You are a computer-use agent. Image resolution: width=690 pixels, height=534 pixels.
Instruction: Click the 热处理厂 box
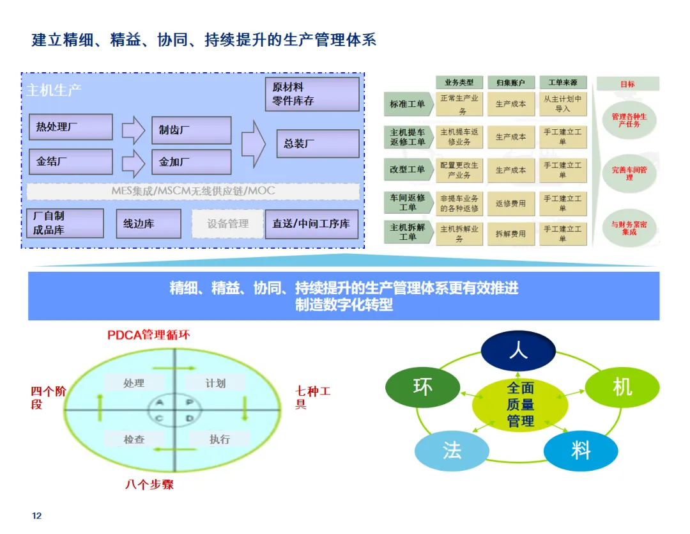(70, 127)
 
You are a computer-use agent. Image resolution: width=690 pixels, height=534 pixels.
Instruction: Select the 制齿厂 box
(190, 130)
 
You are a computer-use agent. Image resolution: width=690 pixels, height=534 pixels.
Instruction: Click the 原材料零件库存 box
(312, 94)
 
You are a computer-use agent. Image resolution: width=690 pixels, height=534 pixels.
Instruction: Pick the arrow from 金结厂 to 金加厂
(133, 162)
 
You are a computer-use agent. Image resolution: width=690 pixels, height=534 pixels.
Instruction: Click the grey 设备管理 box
(227, 224)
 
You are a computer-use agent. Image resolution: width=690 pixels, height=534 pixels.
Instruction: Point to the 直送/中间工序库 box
(312, 224)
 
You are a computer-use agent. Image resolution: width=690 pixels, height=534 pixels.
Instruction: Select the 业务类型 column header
(459, 83)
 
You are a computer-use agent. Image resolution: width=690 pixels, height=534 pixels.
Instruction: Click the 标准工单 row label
(407, 104)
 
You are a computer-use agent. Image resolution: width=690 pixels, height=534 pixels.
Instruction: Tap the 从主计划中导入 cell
(562, 104)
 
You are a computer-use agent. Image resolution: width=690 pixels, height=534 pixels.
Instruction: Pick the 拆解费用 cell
(510, 234)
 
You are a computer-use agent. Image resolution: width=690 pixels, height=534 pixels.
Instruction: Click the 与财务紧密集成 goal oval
(629, 228)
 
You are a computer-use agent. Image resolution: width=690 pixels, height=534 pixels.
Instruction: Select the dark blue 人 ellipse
(517, 350)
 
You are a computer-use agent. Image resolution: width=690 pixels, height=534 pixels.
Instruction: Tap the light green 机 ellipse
(622, 387)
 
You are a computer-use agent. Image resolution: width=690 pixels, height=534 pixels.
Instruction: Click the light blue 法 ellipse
(452, 451)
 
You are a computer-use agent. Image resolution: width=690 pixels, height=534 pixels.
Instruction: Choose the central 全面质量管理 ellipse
(520, 404)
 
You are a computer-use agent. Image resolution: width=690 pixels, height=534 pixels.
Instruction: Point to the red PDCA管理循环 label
(148, 334)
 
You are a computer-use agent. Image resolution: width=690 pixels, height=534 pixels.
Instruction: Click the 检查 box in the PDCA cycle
(134, 439)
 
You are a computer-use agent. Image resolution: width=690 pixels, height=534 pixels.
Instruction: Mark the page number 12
(36, 515)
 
